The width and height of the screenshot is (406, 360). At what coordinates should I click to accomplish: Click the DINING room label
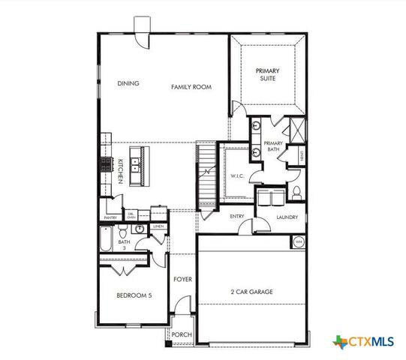128,84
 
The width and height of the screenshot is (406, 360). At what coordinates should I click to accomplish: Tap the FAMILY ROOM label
191,87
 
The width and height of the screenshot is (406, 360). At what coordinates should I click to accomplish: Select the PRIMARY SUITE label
267,74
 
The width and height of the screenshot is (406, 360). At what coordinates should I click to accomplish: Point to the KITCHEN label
119,172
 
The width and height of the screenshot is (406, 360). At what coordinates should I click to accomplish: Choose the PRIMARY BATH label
273,146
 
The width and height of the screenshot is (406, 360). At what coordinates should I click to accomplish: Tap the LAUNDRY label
287,217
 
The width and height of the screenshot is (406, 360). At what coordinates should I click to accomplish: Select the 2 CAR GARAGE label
251,291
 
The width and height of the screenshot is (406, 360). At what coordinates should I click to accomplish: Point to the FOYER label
182,279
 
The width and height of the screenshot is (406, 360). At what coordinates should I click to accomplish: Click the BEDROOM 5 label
134,295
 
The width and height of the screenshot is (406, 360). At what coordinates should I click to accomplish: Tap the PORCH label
182,334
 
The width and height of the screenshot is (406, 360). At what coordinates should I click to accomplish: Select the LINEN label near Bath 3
158,225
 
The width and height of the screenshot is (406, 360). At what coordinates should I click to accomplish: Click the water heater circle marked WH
298,241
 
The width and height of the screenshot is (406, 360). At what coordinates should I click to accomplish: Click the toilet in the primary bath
296,192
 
